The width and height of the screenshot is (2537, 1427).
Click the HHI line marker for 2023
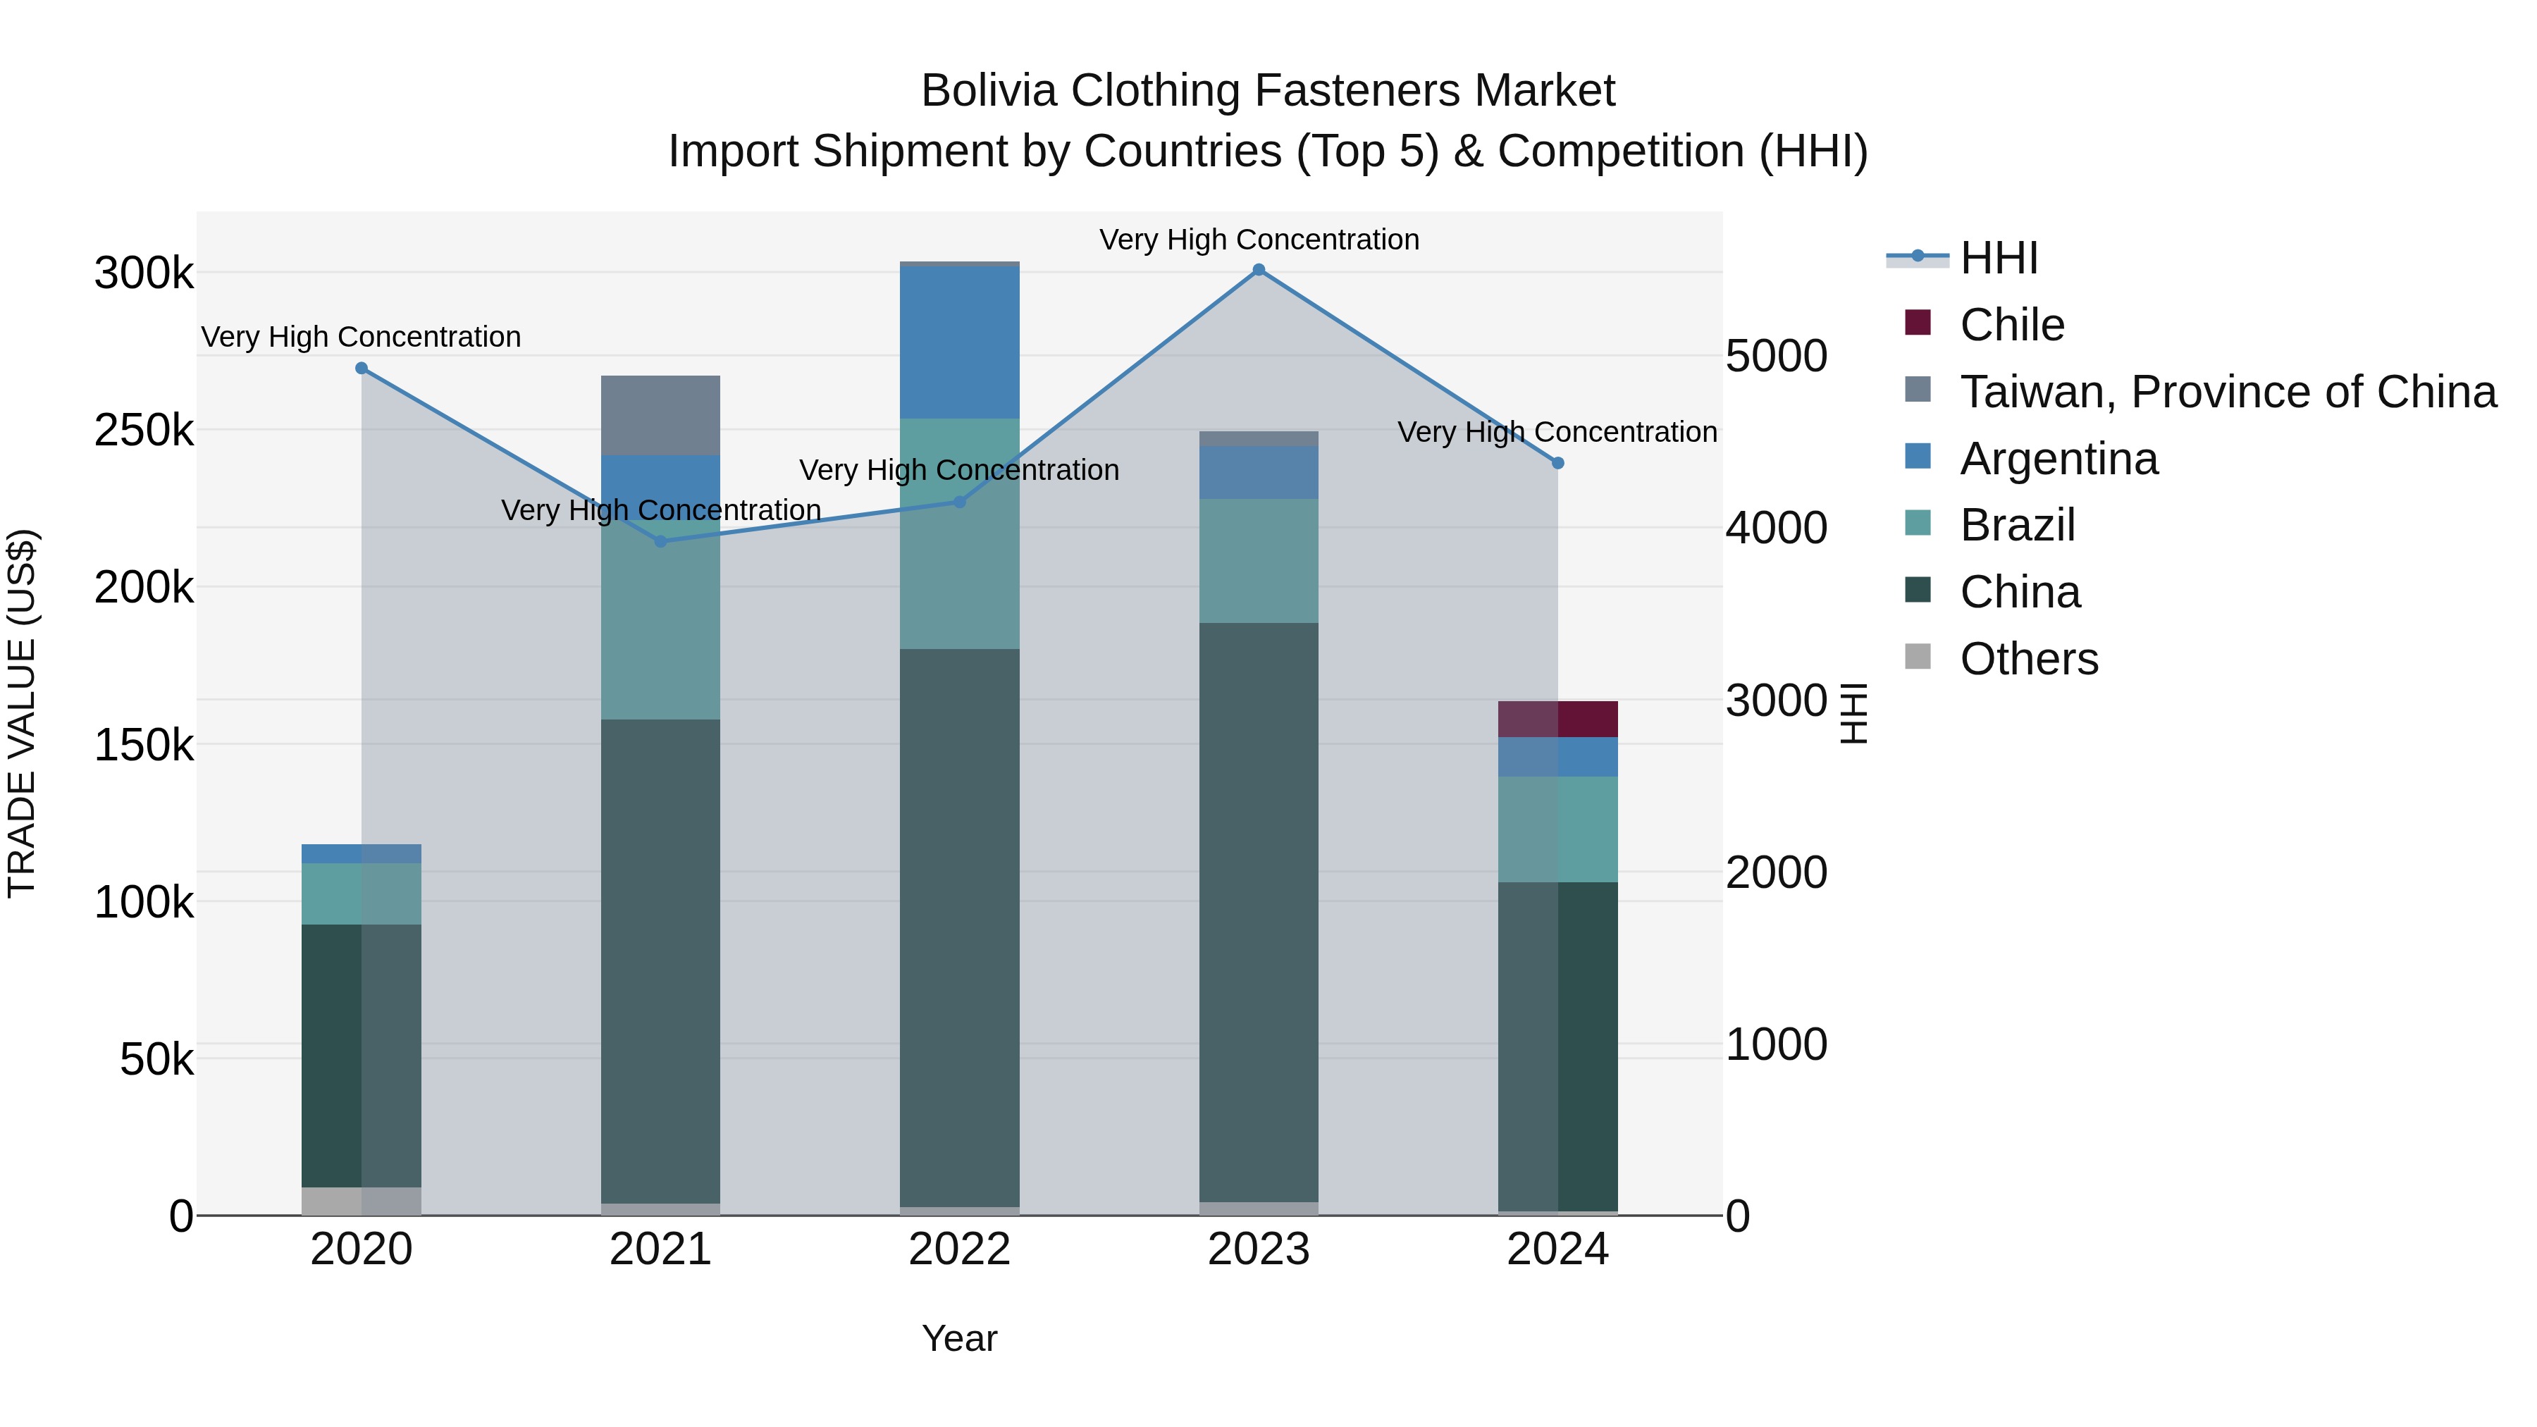click(x=1259, y=270)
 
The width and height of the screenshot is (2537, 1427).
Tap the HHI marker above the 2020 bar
click(x=362, y=369)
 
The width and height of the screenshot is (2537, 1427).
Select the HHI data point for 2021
click(x=661, y=542)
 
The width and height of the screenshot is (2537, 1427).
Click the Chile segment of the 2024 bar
click(x=1558, y=719)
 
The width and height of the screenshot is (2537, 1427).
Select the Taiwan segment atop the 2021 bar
click(x=661, y=414)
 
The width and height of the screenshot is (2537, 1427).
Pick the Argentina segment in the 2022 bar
click(x=961, y=342)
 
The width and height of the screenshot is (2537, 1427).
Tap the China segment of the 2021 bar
click(x=661, y=960)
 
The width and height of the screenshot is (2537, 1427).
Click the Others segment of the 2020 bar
click(x=362, y=1201)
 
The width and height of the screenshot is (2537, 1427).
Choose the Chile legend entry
click(x=2011, y=325)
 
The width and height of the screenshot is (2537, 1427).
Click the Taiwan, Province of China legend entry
click(x=2228, y=392)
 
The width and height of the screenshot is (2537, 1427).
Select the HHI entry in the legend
click(x=1999, y=258)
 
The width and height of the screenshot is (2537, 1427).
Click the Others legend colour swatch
click(x=1918, y=656)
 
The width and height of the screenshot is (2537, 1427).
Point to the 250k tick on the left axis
click(x=144, y=431)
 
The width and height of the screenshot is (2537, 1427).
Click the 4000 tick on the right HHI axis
click(x=1777, y=528)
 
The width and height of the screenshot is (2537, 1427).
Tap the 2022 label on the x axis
click(x=961, y=1249)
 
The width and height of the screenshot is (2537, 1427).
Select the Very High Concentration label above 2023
click(x=1259, y=240)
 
